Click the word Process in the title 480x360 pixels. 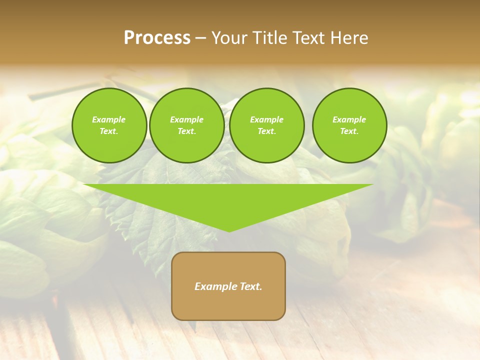pos(157,38)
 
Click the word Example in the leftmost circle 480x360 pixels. pos(109,119)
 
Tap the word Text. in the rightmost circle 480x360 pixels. pos(349,131)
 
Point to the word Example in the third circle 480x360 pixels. pos(266,119)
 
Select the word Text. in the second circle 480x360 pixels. pos(186,131)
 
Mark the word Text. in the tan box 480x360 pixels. pos(250,286)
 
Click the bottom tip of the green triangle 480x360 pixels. pos(229,231)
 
